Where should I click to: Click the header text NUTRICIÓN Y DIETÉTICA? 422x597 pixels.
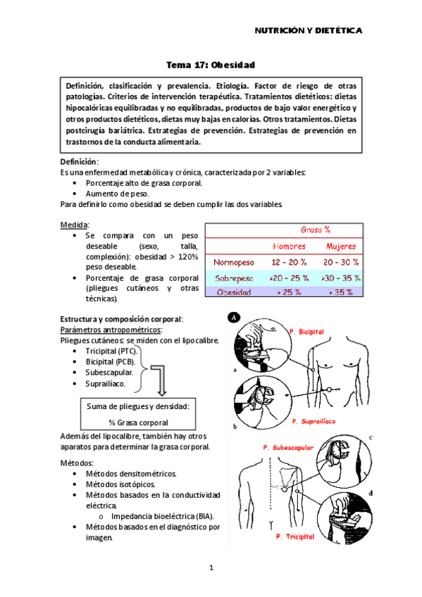[308, 31]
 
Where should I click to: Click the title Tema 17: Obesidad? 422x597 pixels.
[210, 65]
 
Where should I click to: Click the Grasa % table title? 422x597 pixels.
[316, 230]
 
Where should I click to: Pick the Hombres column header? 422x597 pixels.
[289, 246]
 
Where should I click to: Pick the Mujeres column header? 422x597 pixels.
[340, 246]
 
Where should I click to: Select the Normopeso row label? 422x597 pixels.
[234, 263]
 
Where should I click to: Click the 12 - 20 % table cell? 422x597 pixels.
[289, 263]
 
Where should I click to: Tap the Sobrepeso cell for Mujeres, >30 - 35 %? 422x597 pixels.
[340, 278]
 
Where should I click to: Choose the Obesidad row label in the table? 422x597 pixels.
[234, 293]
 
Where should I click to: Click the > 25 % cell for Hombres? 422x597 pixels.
[289, 293]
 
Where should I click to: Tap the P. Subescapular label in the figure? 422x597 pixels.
[290, 447]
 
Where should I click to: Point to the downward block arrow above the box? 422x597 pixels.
[161, 381]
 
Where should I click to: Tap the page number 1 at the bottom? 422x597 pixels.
[211, 567]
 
